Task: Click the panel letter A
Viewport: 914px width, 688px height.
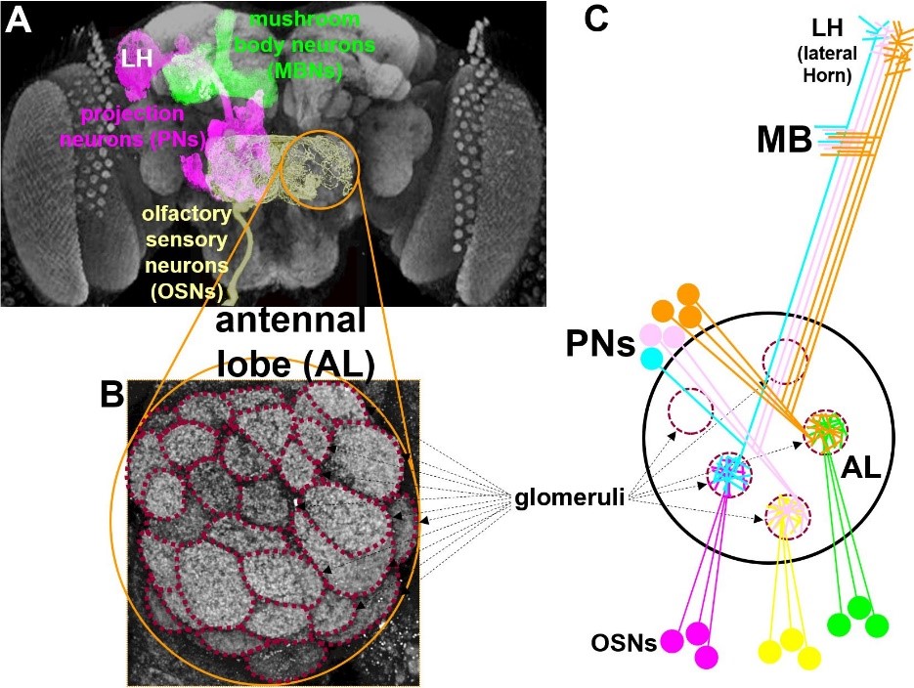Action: click(20, 21)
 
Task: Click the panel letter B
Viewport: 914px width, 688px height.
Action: click(113, 394)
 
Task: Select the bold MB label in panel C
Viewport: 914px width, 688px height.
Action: click(784, 140)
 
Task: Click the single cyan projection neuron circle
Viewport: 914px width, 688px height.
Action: click(650, 359)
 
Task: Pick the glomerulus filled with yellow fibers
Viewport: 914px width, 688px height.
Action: click(783, 514)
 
